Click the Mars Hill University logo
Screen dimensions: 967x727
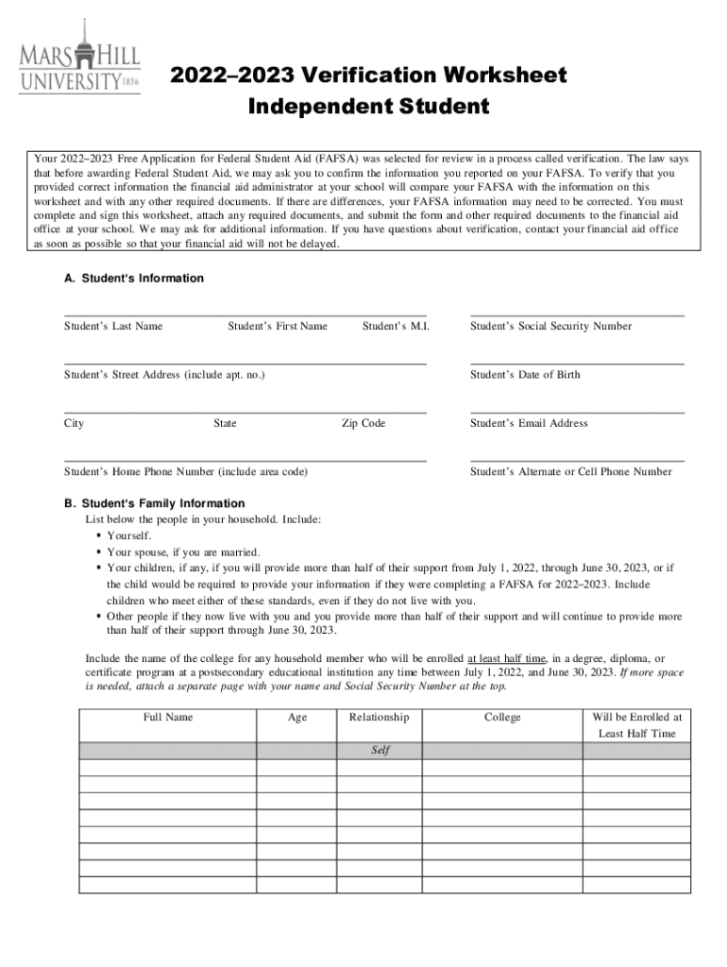coord(79,58)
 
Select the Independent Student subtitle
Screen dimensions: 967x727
coord(368,108)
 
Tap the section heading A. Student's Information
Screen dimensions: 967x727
coord(133,279)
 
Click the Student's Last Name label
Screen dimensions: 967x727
coord(113,327)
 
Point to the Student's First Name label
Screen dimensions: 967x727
coord(278,327)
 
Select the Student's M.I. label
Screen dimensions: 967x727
coord(396,327)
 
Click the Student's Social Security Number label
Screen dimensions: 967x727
coord(551,327)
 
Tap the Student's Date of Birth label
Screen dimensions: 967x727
coord(525,375)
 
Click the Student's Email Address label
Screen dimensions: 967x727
coord(529,424)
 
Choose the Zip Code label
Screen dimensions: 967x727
coord(363,424)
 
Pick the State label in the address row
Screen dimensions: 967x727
coord(225,424)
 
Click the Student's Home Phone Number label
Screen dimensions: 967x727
coord(185,472)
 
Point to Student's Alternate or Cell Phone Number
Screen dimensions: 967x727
coord(571,472)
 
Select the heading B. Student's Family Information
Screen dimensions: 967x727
coord(154,504)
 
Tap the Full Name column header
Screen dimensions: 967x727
coord(168,718)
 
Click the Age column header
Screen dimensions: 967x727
coord(297,718)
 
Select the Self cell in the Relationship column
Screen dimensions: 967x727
coord(380,751)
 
